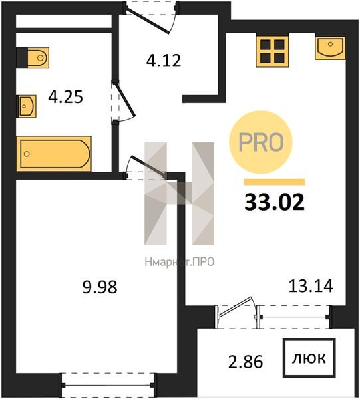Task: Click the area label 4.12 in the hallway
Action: pos(164,61)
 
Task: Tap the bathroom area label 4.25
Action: pos(65,97)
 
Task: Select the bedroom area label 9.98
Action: pos(100,287)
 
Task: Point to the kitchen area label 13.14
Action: pos(311,285)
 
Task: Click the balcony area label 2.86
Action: pos(246,362)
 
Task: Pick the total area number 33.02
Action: pos(274,202)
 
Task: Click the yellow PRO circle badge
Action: pos(261,142)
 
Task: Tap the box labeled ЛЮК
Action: pos(309,358)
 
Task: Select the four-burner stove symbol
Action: pos(272,52)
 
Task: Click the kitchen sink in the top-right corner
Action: pos(330,48)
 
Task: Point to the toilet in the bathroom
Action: pos(33,58)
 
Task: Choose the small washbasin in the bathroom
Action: pos(26,106)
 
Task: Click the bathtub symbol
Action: pos(54,154)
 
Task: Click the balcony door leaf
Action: pos(235,307)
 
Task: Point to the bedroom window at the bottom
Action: pos(108,385)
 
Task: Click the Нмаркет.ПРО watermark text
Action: pos(179,262)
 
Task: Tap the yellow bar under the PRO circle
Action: pos(274,182)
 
